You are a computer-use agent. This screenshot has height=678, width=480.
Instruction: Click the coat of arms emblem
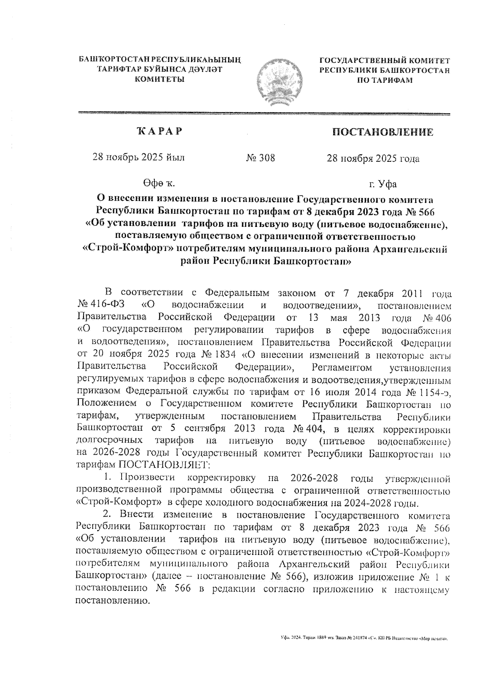(x=279, y=80)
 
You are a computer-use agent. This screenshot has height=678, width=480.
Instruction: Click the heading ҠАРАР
(x=160, y=131)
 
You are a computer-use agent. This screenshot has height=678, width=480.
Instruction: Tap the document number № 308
(x=261, y=158)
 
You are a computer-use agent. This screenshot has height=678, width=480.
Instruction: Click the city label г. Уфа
(x=383, y=184)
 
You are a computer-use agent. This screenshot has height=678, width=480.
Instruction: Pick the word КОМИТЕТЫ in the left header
(x=160, y=79)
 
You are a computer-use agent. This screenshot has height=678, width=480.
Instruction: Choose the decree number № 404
(x=308, y=429)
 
